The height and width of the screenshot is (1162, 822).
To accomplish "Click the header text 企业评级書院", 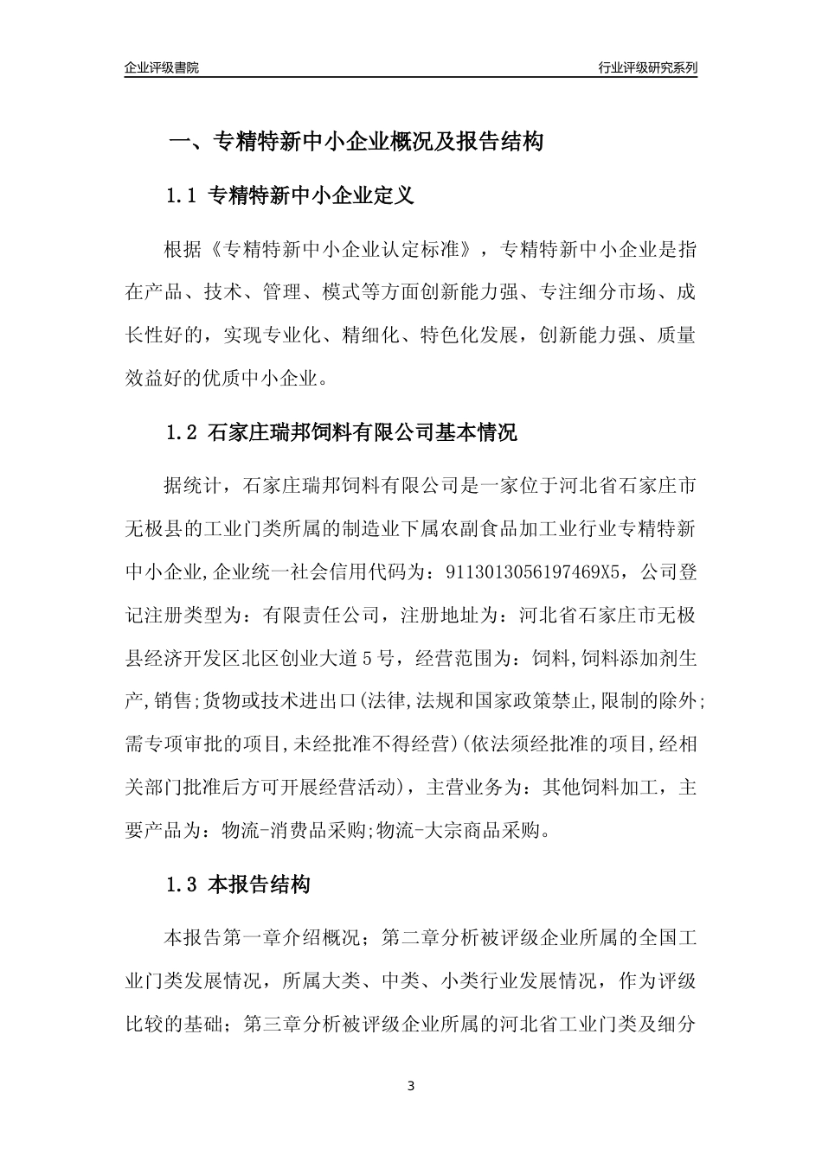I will coord(162,67).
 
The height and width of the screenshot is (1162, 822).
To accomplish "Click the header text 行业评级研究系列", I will coord(647,67).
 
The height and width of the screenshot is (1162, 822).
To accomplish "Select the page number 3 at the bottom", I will coord(411,1086).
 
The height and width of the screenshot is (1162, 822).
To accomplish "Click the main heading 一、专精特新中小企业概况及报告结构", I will coord(355,142).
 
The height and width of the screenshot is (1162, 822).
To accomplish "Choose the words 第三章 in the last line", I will coord(273,1025).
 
